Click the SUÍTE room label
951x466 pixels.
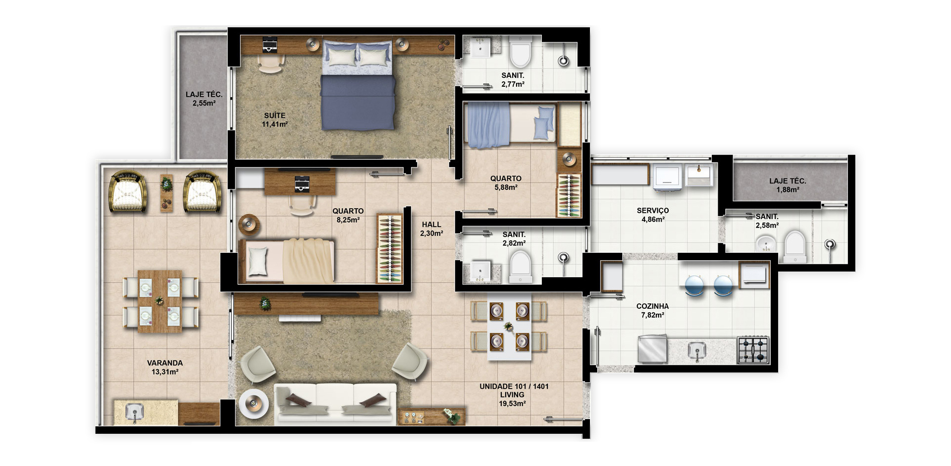[274, 116]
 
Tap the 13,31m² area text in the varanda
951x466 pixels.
[165, 372]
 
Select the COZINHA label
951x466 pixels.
[652, 306]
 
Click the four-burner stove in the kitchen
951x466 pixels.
[752, 349]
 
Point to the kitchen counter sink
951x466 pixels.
[697, 351]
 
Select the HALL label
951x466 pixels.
[431, 225]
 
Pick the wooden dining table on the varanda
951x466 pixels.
[159, 301]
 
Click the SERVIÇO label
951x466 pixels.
[653, 211]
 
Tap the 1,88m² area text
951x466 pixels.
[788, 190]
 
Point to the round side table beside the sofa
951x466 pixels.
[254, 404]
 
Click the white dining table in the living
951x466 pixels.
[509, 327]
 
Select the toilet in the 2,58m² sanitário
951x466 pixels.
[794, 246]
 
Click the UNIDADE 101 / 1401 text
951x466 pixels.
[514, 386]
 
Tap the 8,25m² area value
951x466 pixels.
[348, 220]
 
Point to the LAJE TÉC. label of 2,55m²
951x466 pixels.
[204, 94]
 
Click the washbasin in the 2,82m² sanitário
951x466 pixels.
[480, 271]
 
